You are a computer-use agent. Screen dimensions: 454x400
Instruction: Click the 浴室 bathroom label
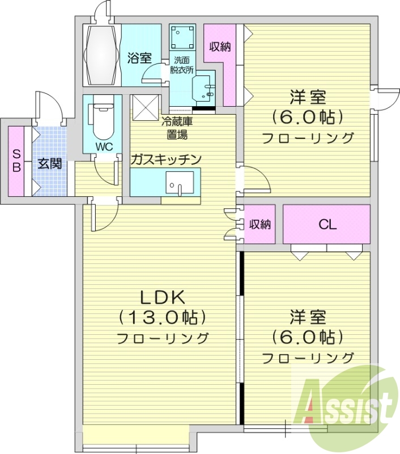point(139,57)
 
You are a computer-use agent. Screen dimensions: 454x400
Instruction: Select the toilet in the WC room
point(103,119)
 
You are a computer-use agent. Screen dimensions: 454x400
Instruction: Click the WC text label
point(104,146)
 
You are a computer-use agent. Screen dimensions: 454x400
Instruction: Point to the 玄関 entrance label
point(49,165)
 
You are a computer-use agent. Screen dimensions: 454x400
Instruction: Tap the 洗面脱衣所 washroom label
point(182,66)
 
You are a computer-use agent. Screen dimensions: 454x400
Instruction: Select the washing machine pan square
point(182,37)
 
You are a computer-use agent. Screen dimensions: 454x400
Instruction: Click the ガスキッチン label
point(165,159)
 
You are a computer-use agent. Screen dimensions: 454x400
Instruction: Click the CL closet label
point(327,224)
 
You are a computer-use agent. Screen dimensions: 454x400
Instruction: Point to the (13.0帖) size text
point(162,317)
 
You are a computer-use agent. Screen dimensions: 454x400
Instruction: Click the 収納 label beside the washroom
point(219,47)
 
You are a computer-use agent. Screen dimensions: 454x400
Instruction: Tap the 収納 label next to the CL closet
point(259,225)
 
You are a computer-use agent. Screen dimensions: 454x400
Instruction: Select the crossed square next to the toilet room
point(144,107)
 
